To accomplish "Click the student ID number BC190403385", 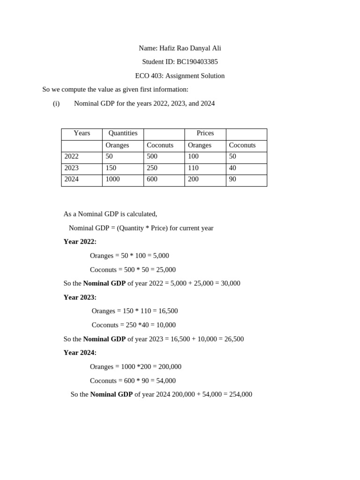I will (x=197, y=62).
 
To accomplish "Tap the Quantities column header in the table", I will (x=123, y=134).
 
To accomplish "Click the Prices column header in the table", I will (x=205, y=134).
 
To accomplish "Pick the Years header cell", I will (x=82, y=134).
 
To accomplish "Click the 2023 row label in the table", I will (x=72, y=168).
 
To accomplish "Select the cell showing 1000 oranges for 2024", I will (x=113, y=179).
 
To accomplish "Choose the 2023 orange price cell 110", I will (x=193, y=168).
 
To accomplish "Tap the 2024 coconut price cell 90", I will (x=233, y=179).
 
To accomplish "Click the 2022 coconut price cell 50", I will (x=233, y=157).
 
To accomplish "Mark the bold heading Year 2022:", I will (x=80, y=242).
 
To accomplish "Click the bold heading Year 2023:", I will (x=80, y=297).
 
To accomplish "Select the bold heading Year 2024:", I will (x=80, y=353).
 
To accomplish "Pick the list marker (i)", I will (x=56, y=104).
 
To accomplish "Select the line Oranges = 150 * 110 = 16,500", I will (x=135, y=311).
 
